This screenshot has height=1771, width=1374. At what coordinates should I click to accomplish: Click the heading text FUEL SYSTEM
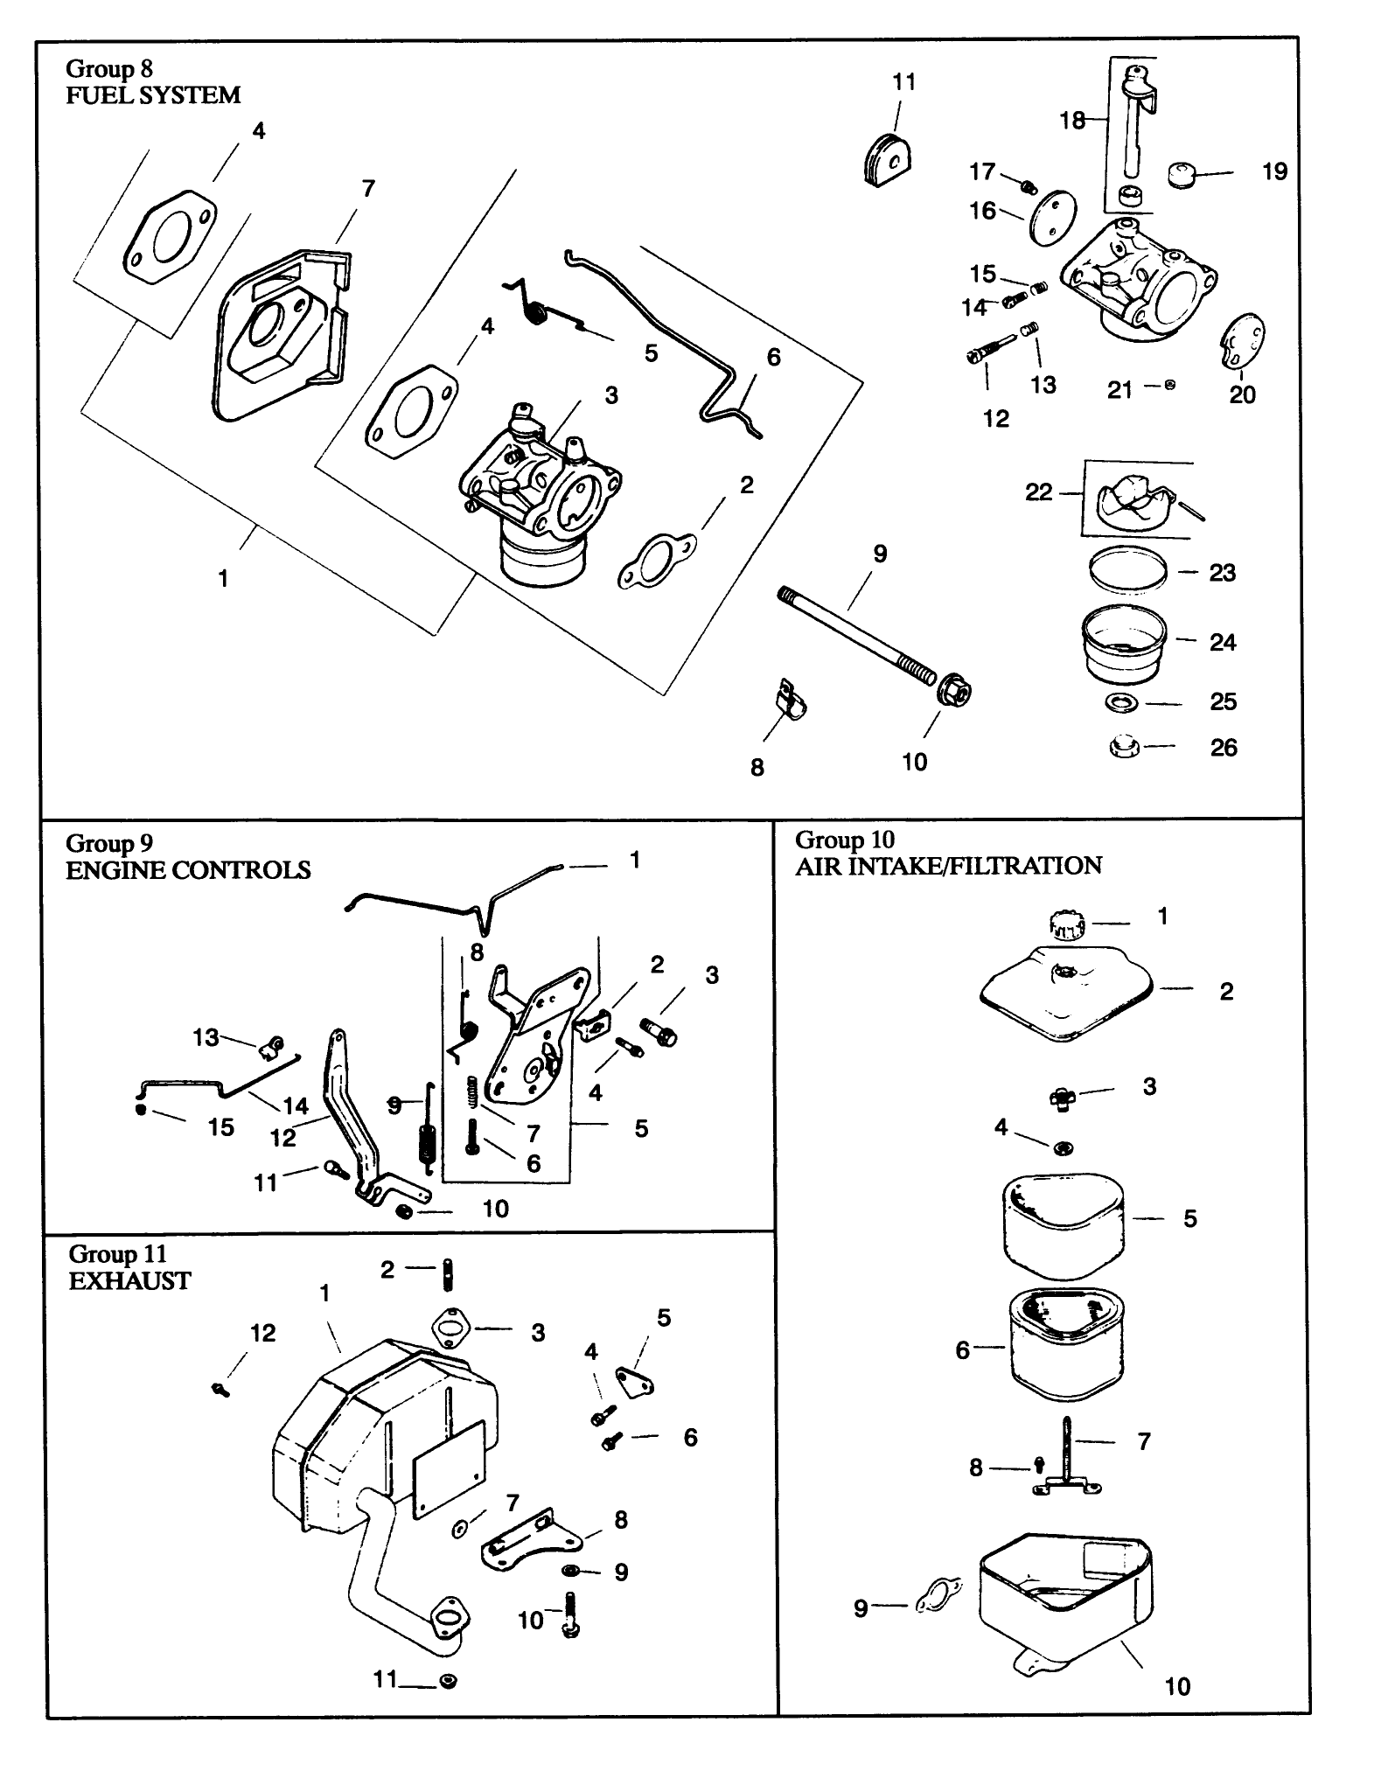click(x=153, y=95)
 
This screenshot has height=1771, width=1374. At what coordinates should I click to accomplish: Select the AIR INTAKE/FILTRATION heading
click(x=948, y=866)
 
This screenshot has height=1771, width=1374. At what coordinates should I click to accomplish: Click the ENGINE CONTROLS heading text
click(x=188, y=870)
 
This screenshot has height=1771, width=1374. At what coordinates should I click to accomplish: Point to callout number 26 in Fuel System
click(x=1223, y=748)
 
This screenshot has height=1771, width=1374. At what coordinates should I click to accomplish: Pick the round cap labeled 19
click(x=1182, y=174)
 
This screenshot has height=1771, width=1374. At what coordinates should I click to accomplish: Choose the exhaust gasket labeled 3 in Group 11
click(x=450, y=1328)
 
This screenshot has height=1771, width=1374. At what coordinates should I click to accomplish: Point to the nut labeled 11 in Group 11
click(x=449, y=1681)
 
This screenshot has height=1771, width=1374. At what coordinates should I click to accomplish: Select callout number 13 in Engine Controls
click(x=206, y=1037)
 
